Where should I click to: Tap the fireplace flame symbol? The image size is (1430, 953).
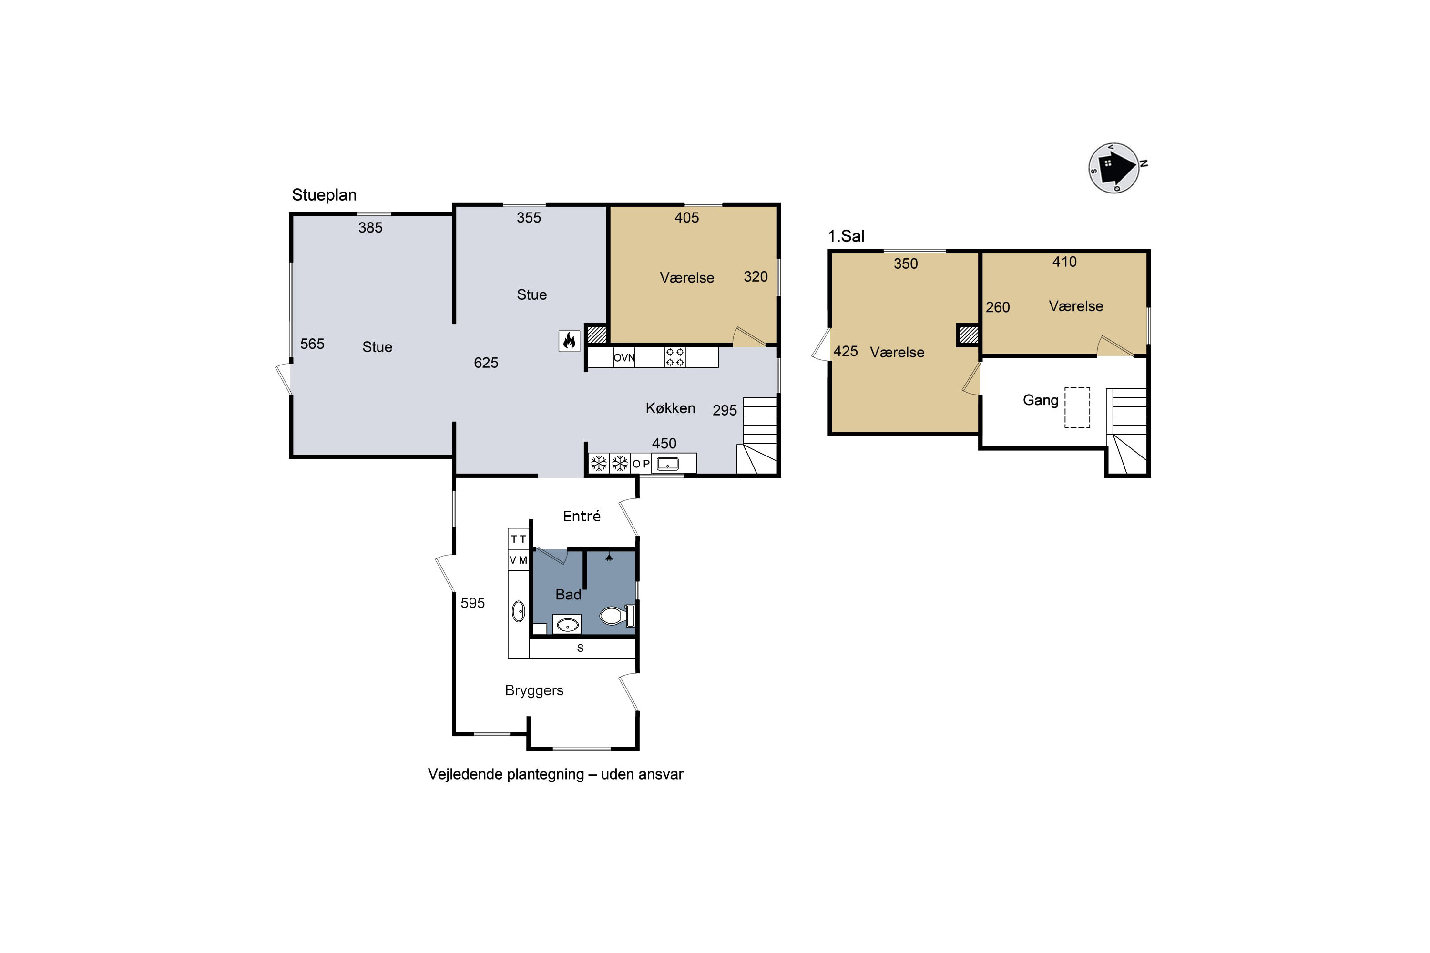coord(569,341)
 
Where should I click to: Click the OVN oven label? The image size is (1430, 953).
coord(624,357)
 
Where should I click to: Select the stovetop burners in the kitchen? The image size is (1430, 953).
coord(675,357)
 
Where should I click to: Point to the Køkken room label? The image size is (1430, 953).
coord(670,408)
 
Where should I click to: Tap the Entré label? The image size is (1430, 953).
coord(582,516)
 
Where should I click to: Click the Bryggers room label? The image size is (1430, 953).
coord(534,690)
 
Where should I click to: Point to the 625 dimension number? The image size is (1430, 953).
coord(486,363)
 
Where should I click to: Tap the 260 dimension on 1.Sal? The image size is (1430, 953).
coord(998,307)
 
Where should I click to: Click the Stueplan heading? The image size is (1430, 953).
coord(324,195)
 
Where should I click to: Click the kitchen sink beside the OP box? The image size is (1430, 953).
coord(668,464)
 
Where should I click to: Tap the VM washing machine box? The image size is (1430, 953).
coord(519,560)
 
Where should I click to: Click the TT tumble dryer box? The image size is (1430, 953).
coord(519,539)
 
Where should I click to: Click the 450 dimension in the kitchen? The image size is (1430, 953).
coord(664,444)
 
